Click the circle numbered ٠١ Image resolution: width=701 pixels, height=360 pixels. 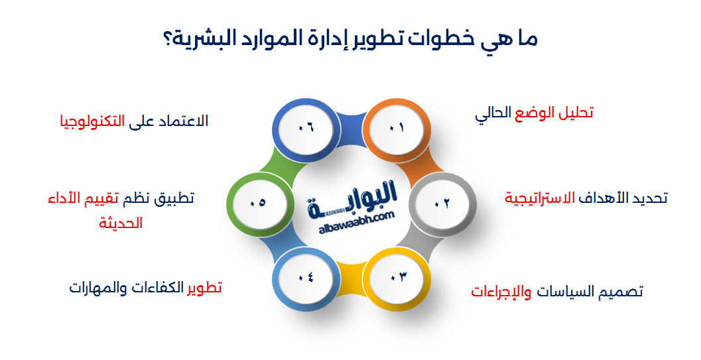pos(396,128)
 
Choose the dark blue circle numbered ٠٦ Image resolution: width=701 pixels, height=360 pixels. pos(304,128)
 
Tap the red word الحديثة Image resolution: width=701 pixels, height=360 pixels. pos(121,223)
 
